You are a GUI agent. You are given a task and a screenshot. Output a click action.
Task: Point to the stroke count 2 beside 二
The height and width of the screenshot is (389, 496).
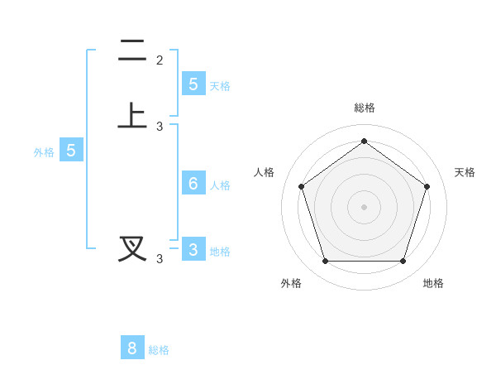click(160, 60)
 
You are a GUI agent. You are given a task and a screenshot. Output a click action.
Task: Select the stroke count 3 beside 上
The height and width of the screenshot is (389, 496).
click(160, 127)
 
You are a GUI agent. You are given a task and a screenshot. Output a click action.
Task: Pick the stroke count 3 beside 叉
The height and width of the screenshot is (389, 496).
click(160, 259)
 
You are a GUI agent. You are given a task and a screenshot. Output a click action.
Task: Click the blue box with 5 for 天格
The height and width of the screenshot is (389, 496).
click(193, 84)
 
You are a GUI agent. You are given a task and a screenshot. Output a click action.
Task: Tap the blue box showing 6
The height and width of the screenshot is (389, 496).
click(193, 183)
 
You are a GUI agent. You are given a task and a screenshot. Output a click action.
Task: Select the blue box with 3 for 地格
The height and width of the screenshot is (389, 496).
click(193, 249)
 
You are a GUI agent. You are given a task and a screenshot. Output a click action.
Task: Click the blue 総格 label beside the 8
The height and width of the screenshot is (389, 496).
click(159, 350)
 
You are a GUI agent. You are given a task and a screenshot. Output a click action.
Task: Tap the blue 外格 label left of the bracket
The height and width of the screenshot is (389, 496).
click(44, 152)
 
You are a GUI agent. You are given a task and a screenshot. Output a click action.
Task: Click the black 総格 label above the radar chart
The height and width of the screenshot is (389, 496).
click(365, 108)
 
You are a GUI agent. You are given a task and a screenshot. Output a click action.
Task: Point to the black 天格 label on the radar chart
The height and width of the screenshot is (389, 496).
click(465, 172)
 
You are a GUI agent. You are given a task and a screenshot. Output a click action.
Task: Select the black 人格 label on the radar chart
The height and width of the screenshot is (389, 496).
click(264, 172)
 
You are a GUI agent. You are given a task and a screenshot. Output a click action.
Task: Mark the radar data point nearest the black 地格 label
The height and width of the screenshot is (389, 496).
click(403, 261)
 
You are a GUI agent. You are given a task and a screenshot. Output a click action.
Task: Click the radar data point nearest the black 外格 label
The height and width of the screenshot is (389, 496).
click(325, 261)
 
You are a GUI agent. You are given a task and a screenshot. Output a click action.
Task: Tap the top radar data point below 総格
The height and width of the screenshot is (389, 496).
click(364, 142)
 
